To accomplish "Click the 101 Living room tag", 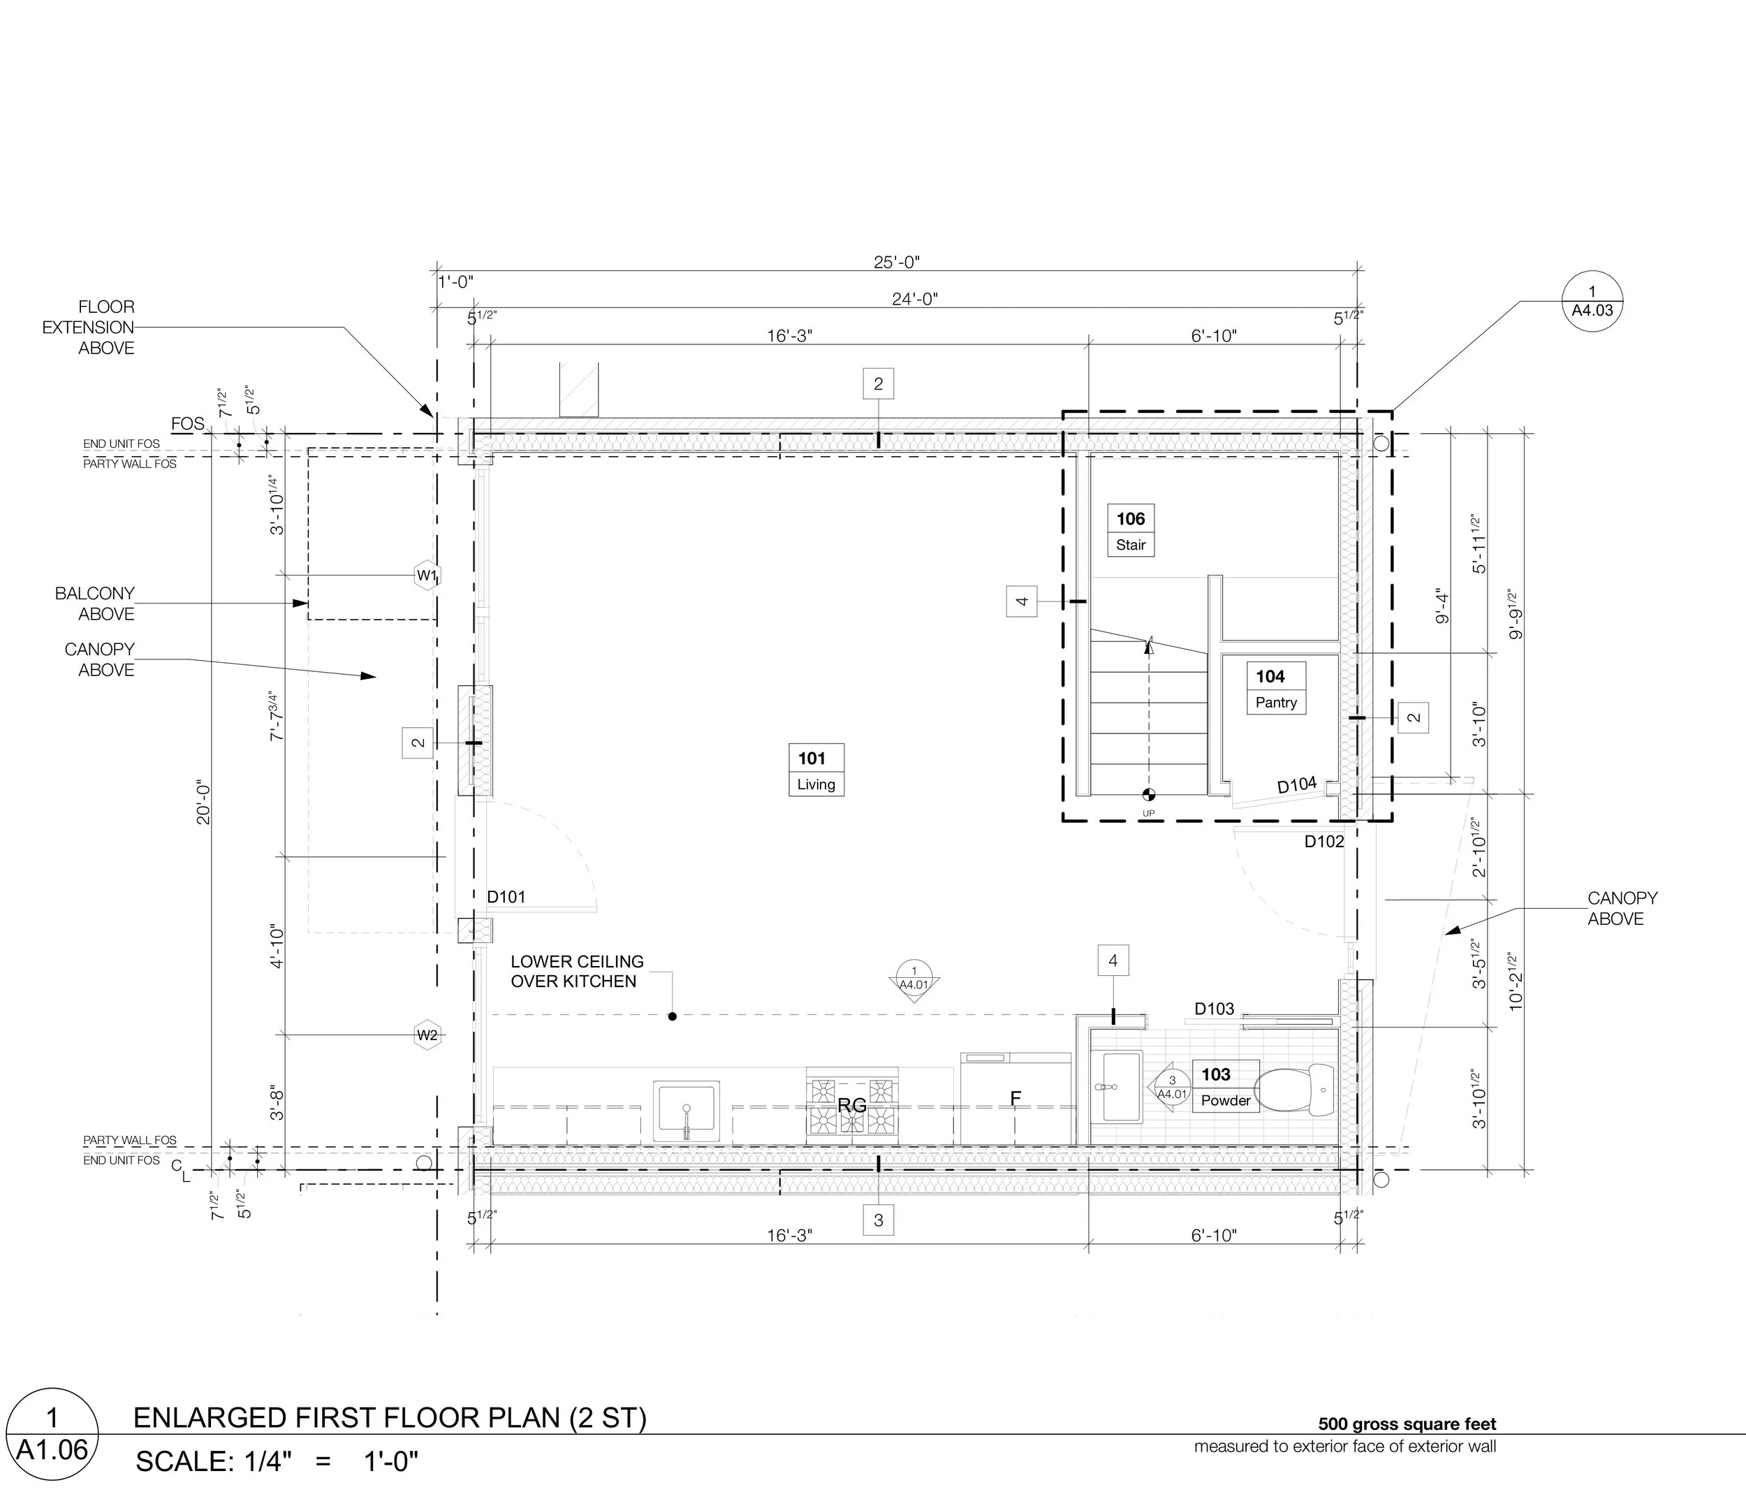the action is point(816,770).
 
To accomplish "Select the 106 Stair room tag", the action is point(1130,530).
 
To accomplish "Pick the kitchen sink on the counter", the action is point(686,1111).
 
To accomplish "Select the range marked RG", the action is point(852,1105).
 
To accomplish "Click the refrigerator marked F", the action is point(1016,1098).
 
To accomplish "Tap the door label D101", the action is point(506,897).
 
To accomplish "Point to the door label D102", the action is point(1325,841).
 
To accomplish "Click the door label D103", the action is point(1215,1009).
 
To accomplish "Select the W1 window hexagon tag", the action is point(427,576).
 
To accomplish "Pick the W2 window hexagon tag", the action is point(427,1035).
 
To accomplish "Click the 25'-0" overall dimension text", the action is point(897,262).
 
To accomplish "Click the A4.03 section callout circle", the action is point(1592,302).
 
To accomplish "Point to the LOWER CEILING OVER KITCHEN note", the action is point(577,971).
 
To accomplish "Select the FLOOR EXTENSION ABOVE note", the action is point(89,327).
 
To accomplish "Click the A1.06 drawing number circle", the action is point(52,1446).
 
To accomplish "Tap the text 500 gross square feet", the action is point(1407,1424).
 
